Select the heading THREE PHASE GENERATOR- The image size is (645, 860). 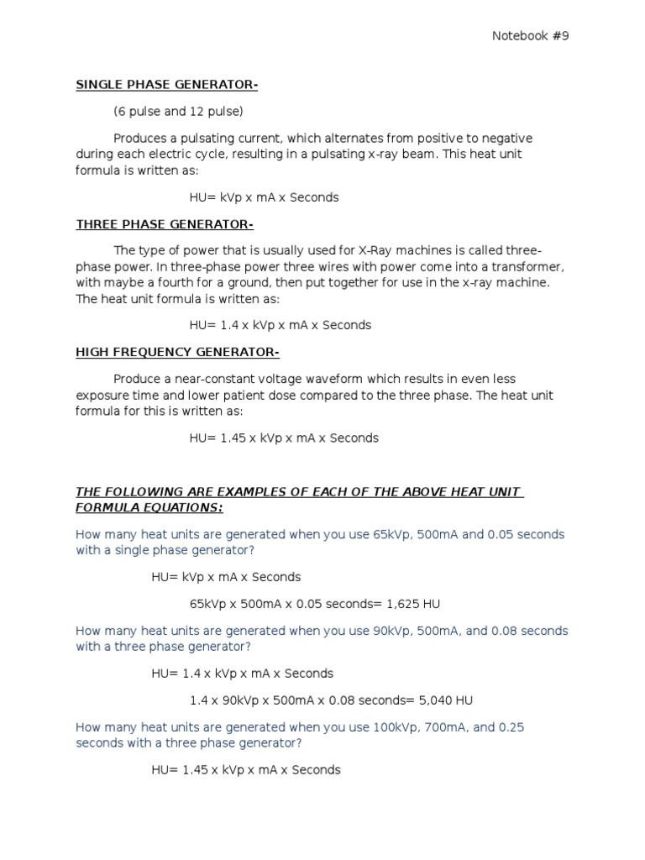tap(165, 224)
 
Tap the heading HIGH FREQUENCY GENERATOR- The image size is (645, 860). tap(177, 352)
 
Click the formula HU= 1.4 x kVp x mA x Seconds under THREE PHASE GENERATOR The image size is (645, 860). tap(280, 325)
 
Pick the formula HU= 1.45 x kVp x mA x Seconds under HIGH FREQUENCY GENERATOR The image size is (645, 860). tap(284, 438)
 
